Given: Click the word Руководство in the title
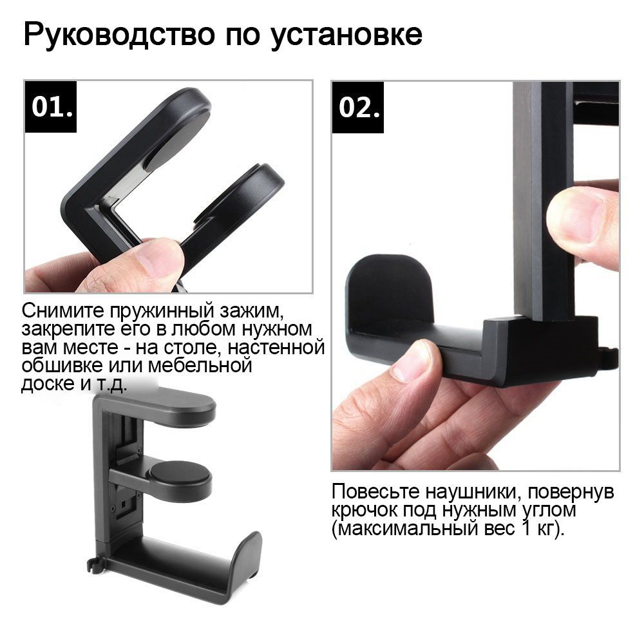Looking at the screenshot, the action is click(x=120, y=35).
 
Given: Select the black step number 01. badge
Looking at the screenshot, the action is click(x=50, y=107).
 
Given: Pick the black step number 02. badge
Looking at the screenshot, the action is click(x=357, y=107).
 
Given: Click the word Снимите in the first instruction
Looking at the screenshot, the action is click(x=63, y=310).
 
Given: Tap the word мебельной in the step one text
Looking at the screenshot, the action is click(x=200, y=365).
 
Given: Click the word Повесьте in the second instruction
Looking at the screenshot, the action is click(x=375, y=491).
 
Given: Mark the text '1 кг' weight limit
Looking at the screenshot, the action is click(x=538, y=529).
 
